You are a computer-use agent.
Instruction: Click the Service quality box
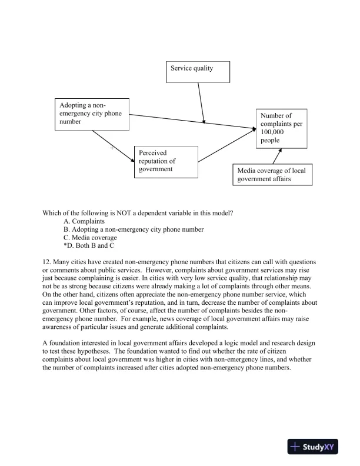[x=197, y=71]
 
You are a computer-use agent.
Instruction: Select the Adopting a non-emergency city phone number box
[x=91, y=114]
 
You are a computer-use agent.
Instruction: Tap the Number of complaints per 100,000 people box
[x=281, y=128]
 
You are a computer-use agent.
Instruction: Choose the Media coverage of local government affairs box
[x=272, y=175]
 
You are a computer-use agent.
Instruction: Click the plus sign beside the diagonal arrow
[x=112, y=148]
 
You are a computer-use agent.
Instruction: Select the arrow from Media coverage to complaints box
[x=274, y=157]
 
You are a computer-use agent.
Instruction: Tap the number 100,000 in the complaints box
[x=273, y=132]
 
